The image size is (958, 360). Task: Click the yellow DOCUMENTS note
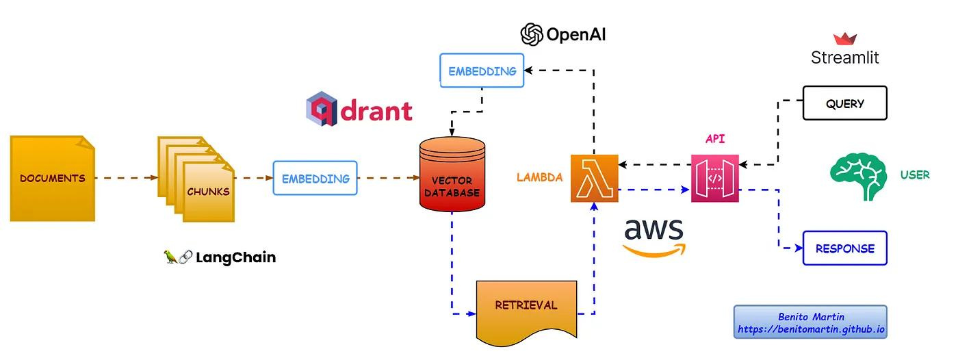point(53,179)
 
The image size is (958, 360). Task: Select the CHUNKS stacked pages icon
point(196,179)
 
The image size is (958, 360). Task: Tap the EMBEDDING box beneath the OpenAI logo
point(482,70)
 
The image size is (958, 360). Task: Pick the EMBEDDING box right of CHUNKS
point(315,178)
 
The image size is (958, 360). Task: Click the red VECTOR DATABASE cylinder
point(452,174)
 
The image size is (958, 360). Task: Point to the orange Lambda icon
point(595,179)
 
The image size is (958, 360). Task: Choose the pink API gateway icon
point(714,179)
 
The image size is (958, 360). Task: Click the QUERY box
point(844,103)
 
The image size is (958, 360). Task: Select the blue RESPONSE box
point(844,248)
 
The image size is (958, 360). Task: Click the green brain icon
point(857,176)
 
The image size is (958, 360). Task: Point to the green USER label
point(915,175)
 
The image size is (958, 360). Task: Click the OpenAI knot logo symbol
point(532,34)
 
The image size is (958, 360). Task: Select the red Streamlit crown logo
point(844,38)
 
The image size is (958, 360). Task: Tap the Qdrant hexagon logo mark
point(322,109)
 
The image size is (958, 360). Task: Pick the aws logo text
point(654,229)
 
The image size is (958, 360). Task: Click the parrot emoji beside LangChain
point(170,257)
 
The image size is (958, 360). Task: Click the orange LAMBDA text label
point(539,177)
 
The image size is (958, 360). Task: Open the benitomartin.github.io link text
point(811,329)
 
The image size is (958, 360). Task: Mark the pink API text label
point(714,138)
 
